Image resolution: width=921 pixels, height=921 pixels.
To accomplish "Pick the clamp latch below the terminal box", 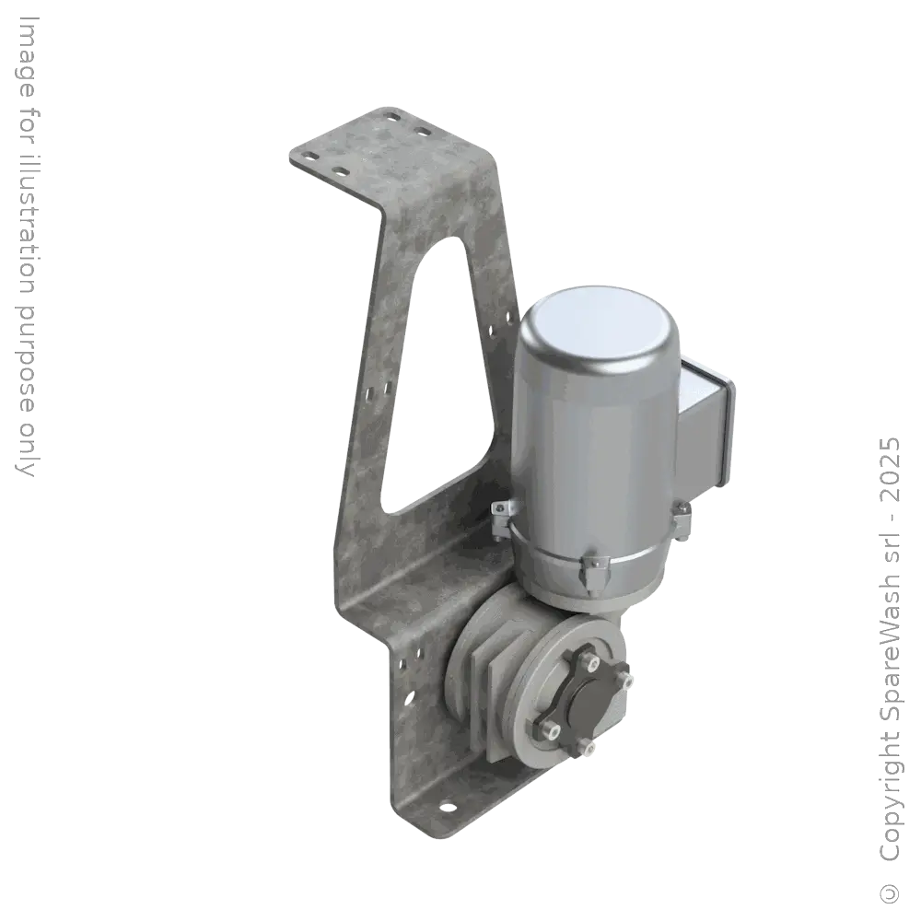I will pyautogui.click(x=682, y=516).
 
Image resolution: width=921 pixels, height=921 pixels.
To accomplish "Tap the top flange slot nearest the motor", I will pyautogui.click(x=425, y=133).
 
